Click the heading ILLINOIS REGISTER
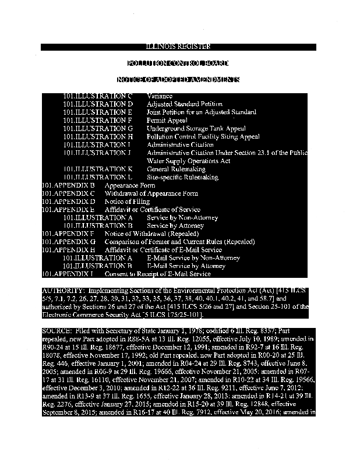click(178, 47)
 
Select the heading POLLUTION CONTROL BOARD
click(178, 63)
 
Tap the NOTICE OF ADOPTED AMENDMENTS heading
click(178, 79)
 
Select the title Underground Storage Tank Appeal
click(196, 128)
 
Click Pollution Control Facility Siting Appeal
click(203, 136)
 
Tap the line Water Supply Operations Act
click(188, 161)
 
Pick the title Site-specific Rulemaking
click(182, 177)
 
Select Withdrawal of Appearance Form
click(151, 193)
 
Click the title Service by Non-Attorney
click(182, 218)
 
